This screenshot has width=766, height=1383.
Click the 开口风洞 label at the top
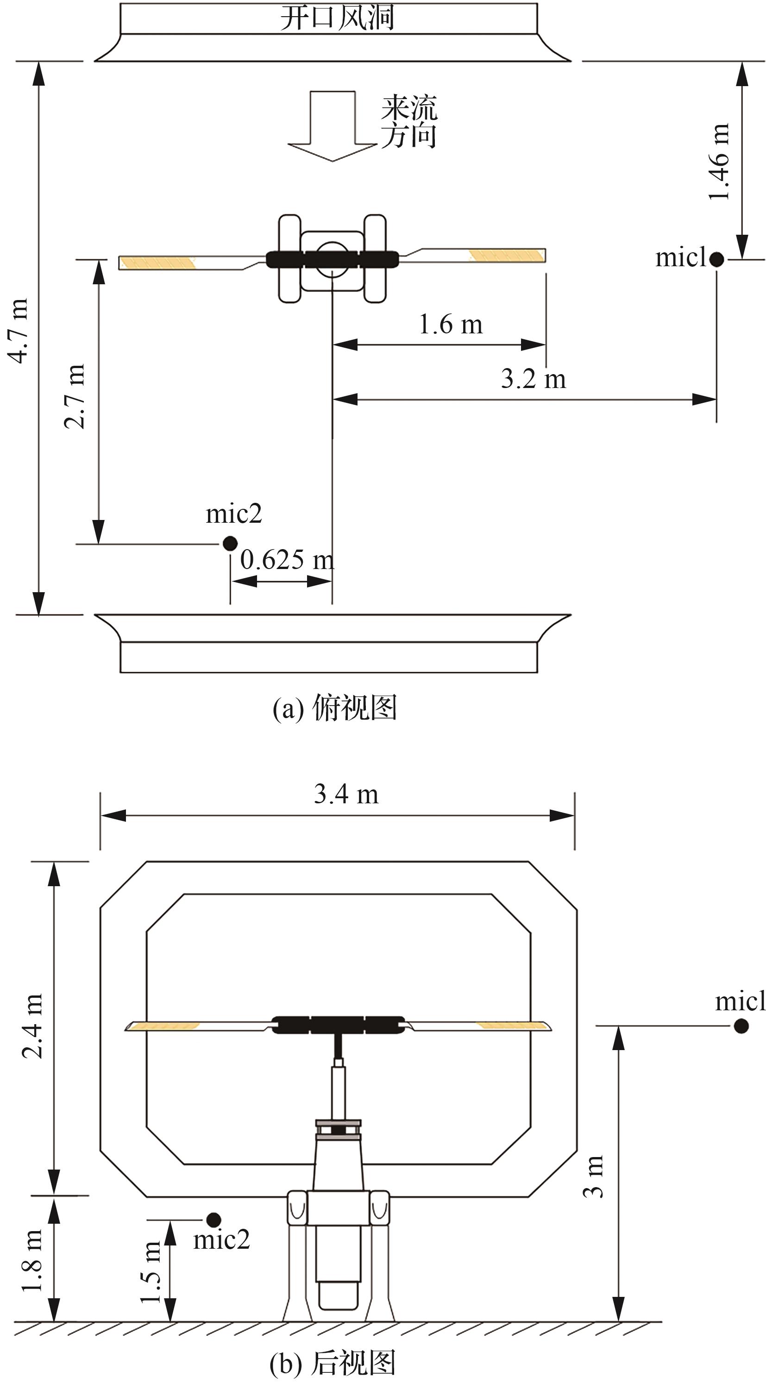[x=337, y=17]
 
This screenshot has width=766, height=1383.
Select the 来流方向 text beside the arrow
[x=409, y=121]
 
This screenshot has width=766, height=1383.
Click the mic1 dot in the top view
[x=716, y=259]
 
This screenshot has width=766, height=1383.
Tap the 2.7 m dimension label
[x=74, y=396]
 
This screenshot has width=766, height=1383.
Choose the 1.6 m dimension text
[x=451, y=324]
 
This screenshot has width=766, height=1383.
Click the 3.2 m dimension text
[x=534, y=379]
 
